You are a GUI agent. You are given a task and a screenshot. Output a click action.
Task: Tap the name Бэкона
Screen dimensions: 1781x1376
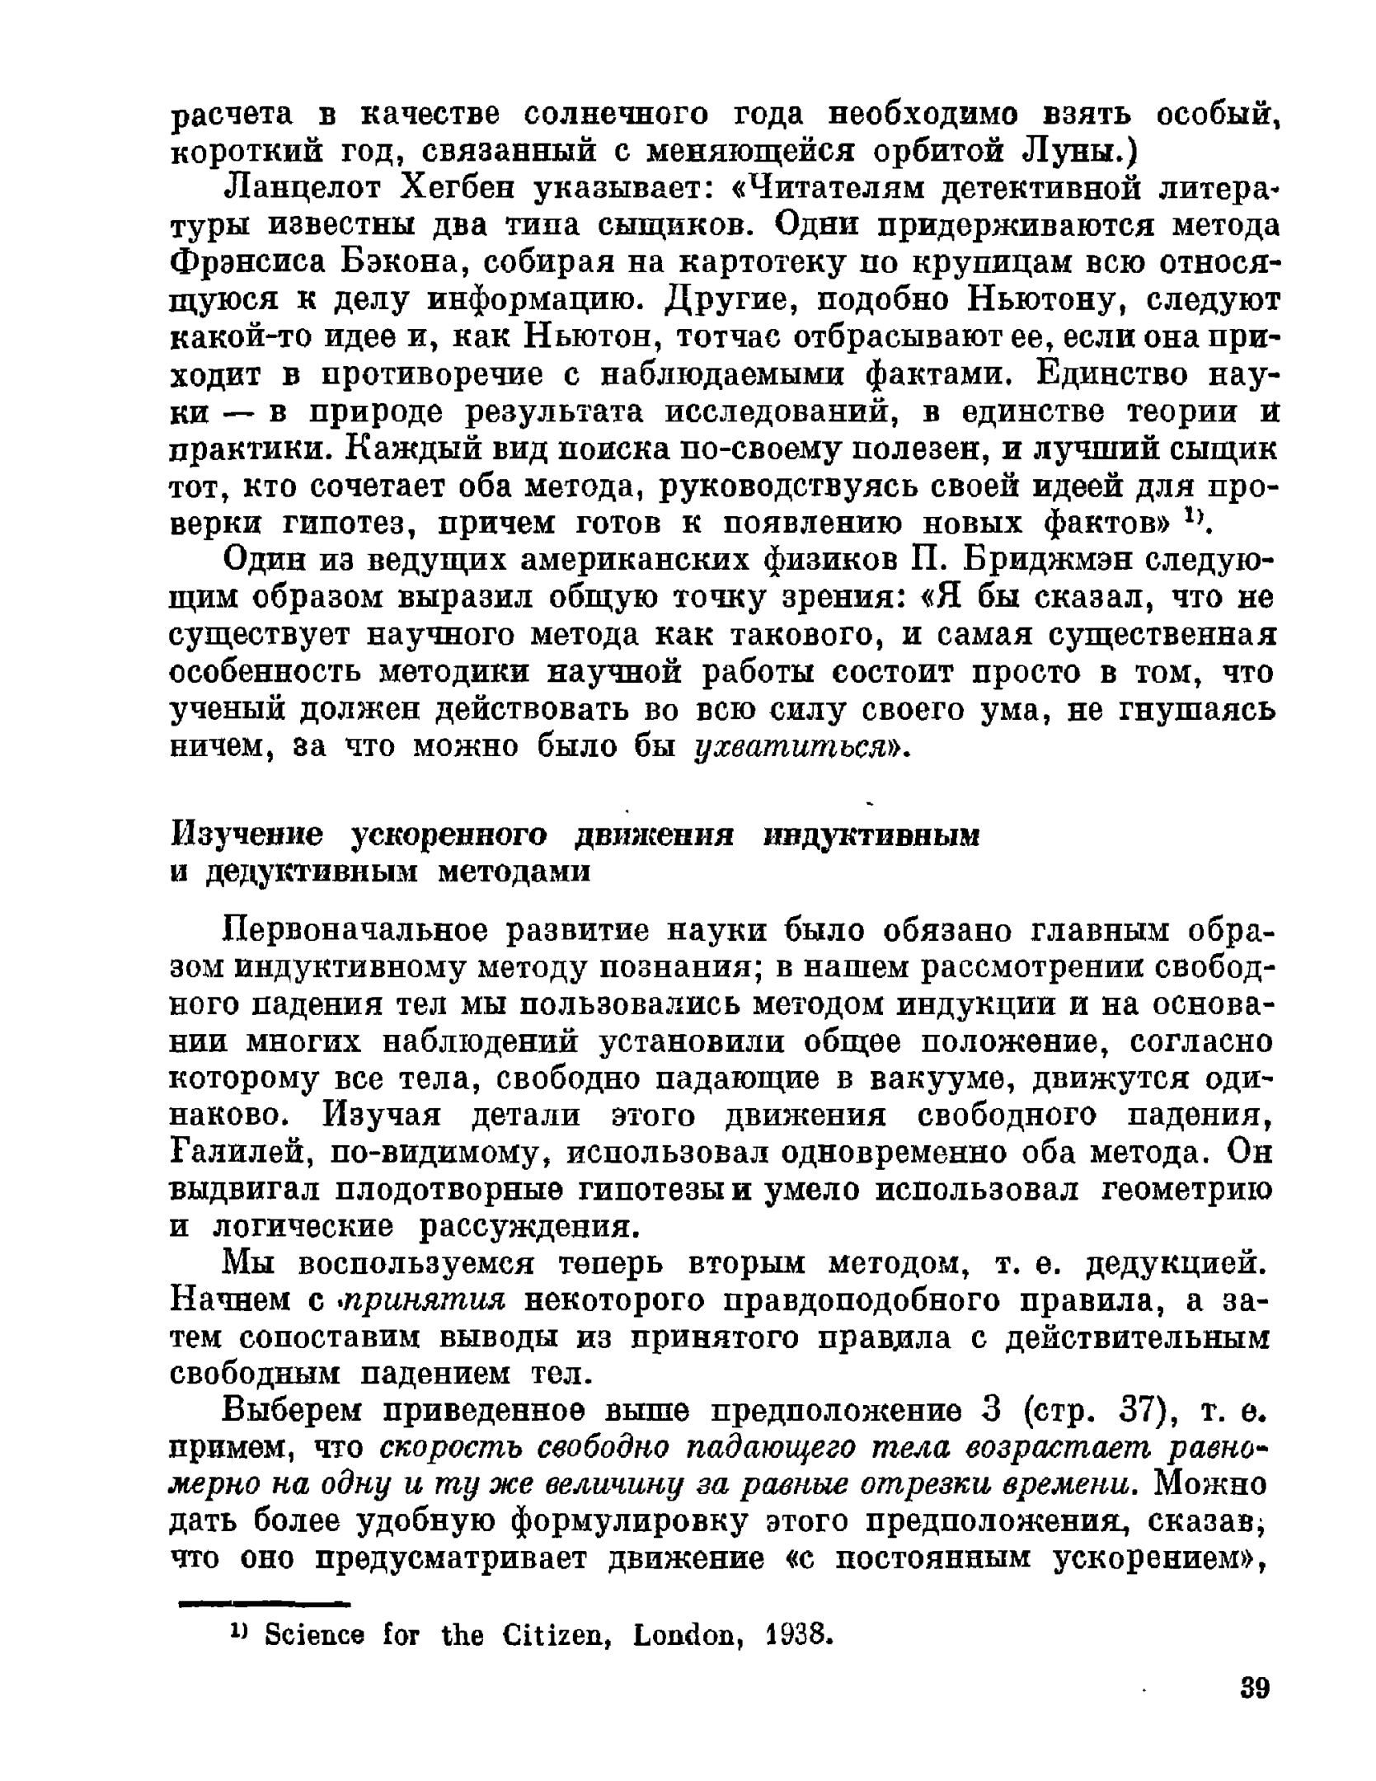(x=405, y=263)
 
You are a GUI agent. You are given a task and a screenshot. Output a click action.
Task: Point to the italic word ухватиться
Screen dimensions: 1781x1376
(x=796, y=747)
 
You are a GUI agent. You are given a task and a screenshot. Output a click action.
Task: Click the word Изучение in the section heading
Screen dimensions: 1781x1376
(x=247, y=835)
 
